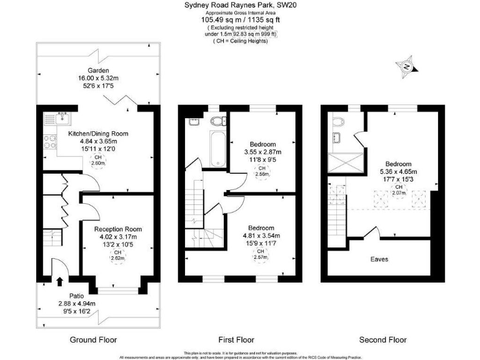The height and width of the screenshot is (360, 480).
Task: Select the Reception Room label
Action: click(x=110, y=229)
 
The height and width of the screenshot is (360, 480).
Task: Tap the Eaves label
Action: click(x=379, y=258)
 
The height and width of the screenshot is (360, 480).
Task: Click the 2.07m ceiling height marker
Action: click(x=397, y=193)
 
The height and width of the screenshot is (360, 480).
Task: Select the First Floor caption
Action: click(x=236, y=340)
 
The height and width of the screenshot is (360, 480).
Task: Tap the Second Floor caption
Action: click(x=382, y=340)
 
